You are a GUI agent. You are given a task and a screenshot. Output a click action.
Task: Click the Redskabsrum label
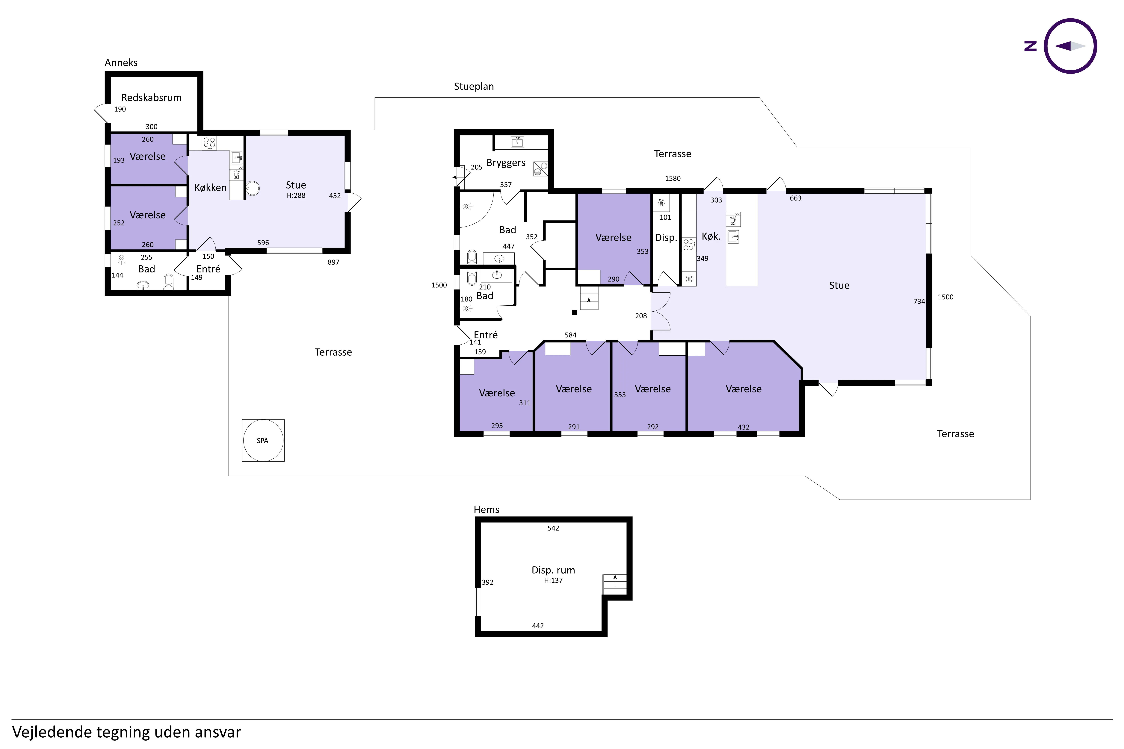152,97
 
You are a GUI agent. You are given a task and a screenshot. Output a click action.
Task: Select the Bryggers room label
506,163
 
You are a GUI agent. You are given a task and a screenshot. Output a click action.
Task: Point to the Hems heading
487,510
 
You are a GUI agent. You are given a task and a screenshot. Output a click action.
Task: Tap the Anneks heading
121,63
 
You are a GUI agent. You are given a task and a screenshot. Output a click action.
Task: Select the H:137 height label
553,580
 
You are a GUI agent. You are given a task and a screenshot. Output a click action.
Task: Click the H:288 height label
296,195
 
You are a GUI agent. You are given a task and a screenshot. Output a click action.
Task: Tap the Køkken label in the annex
210,188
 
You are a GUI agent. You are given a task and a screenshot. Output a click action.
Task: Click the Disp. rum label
553,570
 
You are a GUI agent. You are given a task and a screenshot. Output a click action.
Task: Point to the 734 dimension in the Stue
919,301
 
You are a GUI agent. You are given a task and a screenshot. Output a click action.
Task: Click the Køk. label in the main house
711,236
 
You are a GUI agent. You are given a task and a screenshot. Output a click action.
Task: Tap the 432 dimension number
744,427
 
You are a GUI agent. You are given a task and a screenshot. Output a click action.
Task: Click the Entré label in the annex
208,269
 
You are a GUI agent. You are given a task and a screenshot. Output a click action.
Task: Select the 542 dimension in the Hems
553,528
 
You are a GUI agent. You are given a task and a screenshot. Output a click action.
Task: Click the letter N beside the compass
1030,46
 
